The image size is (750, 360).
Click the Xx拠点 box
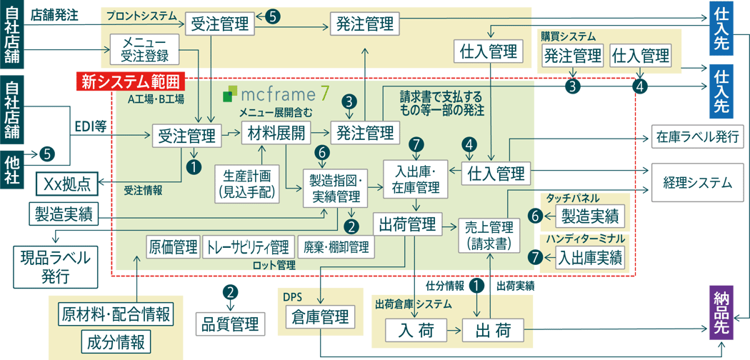tap(66, 184)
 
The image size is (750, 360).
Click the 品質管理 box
tap(227, 324)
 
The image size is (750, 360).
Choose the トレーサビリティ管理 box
tap(248, 247)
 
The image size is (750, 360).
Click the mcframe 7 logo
tap(276, 93)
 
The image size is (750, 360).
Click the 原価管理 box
tap(172, 247)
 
